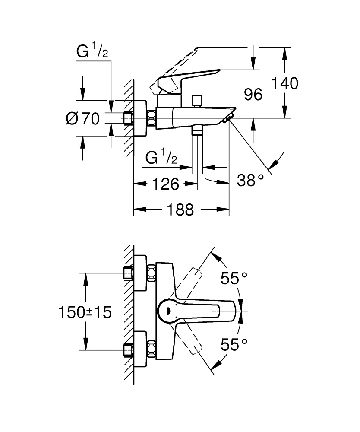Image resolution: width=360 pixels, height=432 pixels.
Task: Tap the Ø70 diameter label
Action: (x=83, y=118)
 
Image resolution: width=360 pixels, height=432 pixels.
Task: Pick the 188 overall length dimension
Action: (x=181, y=210)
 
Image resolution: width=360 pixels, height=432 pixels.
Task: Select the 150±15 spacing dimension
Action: (x=85, y=312)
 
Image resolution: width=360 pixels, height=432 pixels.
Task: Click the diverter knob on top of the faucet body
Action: (x=198, y=100)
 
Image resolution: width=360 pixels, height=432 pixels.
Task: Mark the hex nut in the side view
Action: (x=152, y=118)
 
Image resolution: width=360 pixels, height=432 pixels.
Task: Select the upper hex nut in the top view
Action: (x=152, y=273)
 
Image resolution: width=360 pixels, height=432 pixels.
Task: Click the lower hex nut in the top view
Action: (x=152, y=349)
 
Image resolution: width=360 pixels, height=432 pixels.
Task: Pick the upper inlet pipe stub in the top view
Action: (x=128, y=273)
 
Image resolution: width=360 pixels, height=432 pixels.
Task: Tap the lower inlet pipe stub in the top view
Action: (x=128, y=349)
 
